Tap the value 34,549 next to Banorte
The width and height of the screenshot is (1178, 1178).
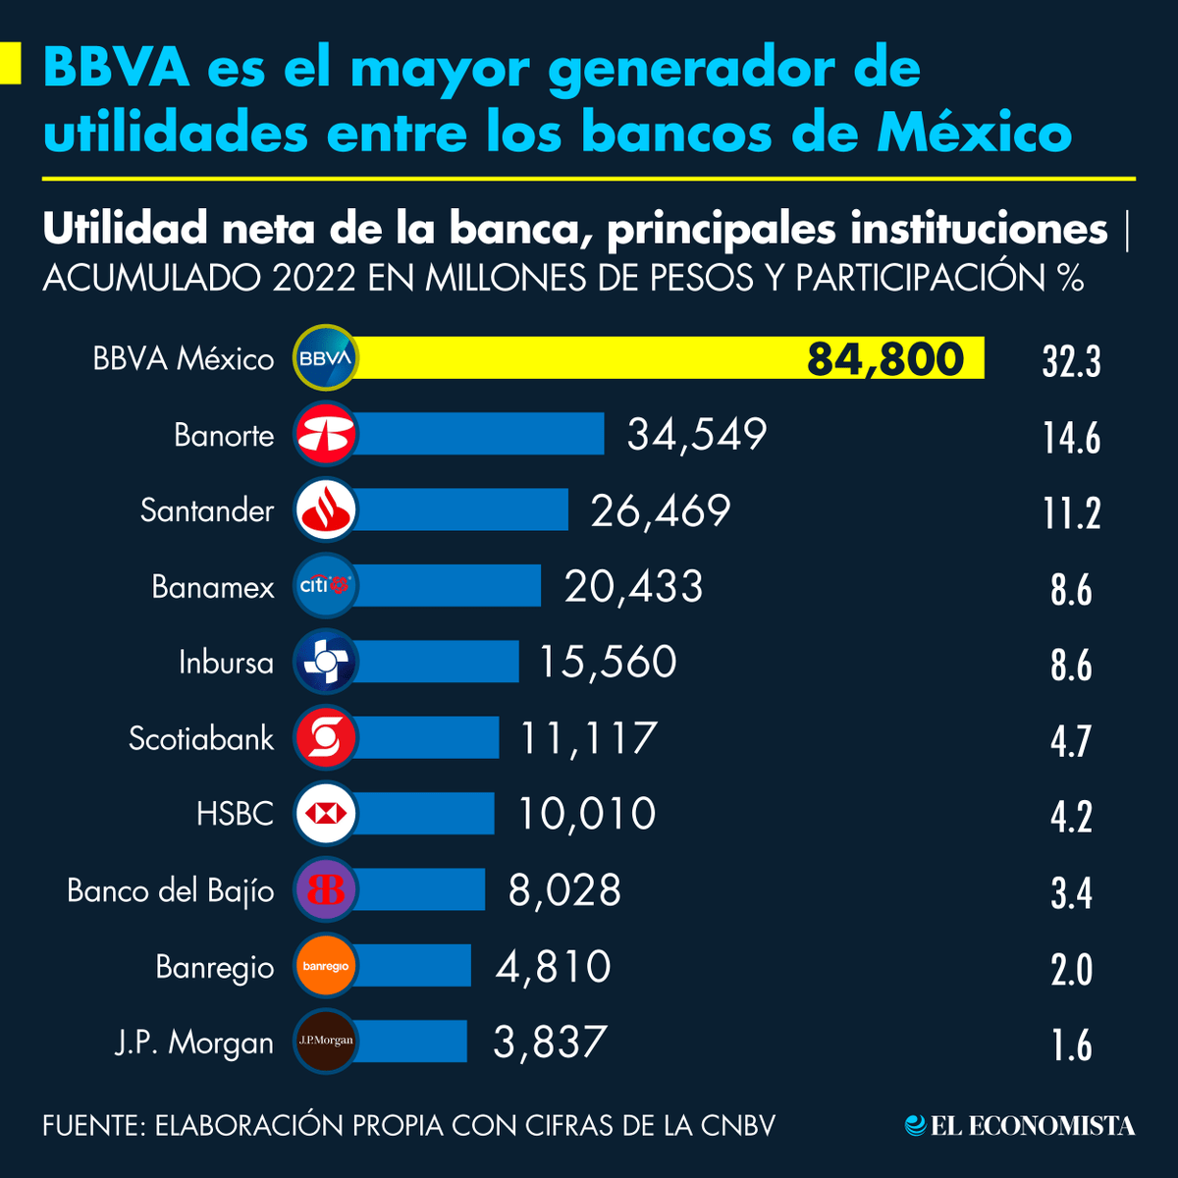(x=697, y=434)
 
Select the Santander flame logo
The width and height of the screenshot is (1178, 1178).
(x=325, y=510)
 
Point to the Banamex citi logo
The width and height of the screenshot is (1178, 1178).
(x=325, y=586)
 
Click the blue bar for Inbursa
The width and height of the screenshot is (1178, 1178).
(x=437, y=662)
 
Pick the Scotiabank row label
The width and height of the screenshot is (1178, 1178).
(x=201, y=738)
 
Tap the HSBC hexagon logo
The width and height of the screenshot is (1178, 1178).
(x=325, y=814)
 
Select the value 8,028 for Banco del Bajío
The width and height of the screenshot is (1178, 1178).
(x=564, y=890)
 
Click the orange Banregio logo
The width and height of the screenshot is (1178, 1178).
(x=325, y=966)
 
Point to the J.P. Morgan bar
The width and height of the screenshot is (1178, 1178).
(x=410, y=1042)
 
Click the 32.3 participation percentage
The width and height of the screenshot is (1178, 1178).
(x=1071, y=362)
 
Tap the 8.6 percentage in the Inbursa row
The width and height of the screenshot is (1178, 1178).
(x=1071, y=666)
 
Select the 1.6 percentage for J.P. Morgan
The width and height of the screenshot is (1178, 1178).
(x=1071, y=1045)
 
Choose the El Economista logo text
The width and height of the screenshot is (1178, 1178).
(x=1032, y=1126)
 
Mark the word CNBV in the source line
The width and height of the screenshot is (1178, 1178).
(x=737, y=1125)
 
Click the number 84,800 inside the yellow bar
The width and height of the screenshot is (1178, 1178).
(x=885, y=359)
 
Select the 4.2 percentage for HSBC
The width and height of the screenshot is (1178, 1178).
(x=1071, y=818)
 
